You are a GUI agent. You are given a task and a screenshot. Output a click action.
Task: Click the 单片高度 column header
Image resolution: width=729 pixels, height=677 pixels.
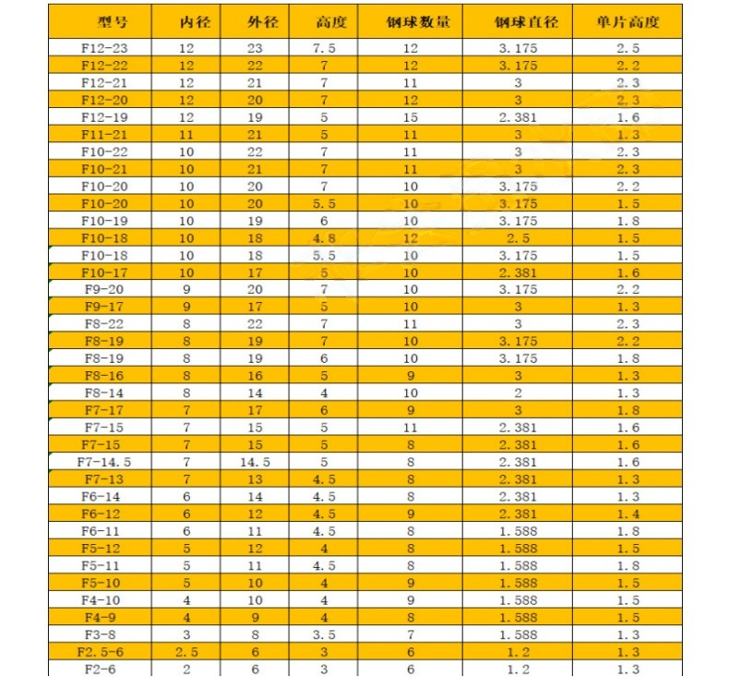tap(627, 21)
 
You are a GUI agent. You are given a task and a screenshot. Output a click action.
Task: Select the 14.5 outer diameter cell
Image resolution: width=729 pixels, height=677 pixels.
tap(256, 462)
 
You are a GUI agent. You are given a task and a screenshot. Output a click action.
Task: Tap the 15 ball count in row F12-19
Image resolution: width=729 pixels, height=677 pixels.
tap(411, 117)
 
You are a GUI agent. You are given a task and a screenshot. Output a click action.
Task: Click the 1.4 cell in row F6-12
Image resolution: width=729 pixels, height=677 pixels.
tap(627, 514)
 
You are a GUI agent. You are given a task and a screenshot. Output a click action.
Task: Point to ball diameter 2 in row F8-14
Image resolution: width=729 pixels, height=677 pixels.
tap(518, 392)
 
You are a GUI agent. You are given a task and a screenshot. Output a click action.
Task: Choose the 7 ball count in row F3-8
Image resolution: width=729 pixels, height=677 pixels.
tap(411, 635)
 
